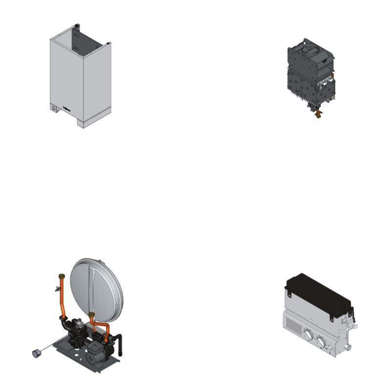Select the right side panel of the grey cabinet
[96, 83]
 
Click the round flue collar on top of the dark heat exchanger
[311, 49]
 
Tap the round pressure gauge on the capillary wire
[35, 352]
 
